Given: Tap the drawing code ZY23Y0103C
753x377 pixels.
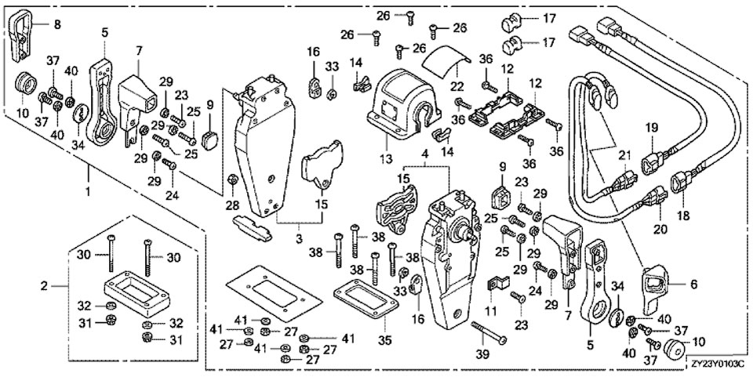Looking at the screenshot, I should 718,364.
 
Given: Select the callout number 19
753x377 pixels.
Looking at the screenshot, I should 652,127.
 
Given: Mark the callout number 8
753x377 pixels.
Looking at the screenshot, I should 56,24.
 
